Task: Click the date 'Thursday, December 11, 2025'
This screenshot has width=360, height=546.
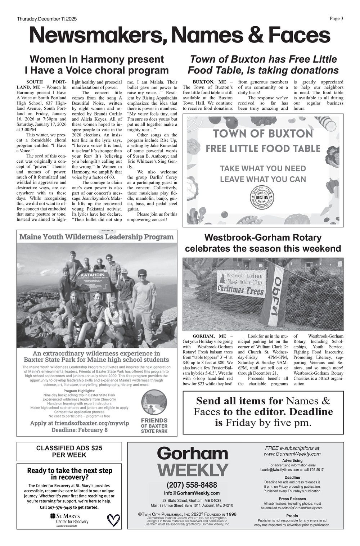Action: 47,19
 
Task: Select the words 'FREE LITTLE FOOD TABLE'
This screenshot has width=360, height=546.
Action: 263,148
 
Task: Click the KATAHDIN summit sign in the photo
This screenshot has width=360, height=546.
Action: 95,282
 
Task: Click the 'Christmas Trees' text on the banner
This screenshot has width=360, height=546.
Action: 240,290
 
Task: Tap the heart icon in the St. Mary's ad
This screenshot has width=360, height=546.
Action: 114,519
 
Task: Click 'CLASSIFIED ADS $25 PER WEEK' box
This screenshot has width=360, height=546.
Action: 69,451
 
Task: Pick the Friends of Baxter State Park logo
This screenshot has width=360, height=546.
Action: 154,410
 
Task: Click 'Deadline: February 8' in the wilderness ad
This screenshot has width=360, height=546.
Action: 79,430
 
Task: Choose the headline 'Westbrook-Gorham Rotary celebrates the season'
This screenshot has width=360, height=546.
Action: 263,243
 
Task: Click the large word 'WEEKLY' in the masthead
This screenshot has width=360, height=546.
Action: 193,470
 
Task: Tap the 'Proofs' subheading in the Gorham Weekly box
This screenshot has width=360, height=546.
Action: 292,516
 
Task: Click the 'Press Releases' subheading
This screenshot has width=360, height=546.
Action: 292,499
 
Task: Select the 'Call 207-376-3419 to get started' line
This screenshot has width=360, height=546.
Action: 69,507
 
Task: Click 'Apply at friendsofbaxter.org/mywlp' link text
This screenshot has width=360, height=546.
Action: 79,423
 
